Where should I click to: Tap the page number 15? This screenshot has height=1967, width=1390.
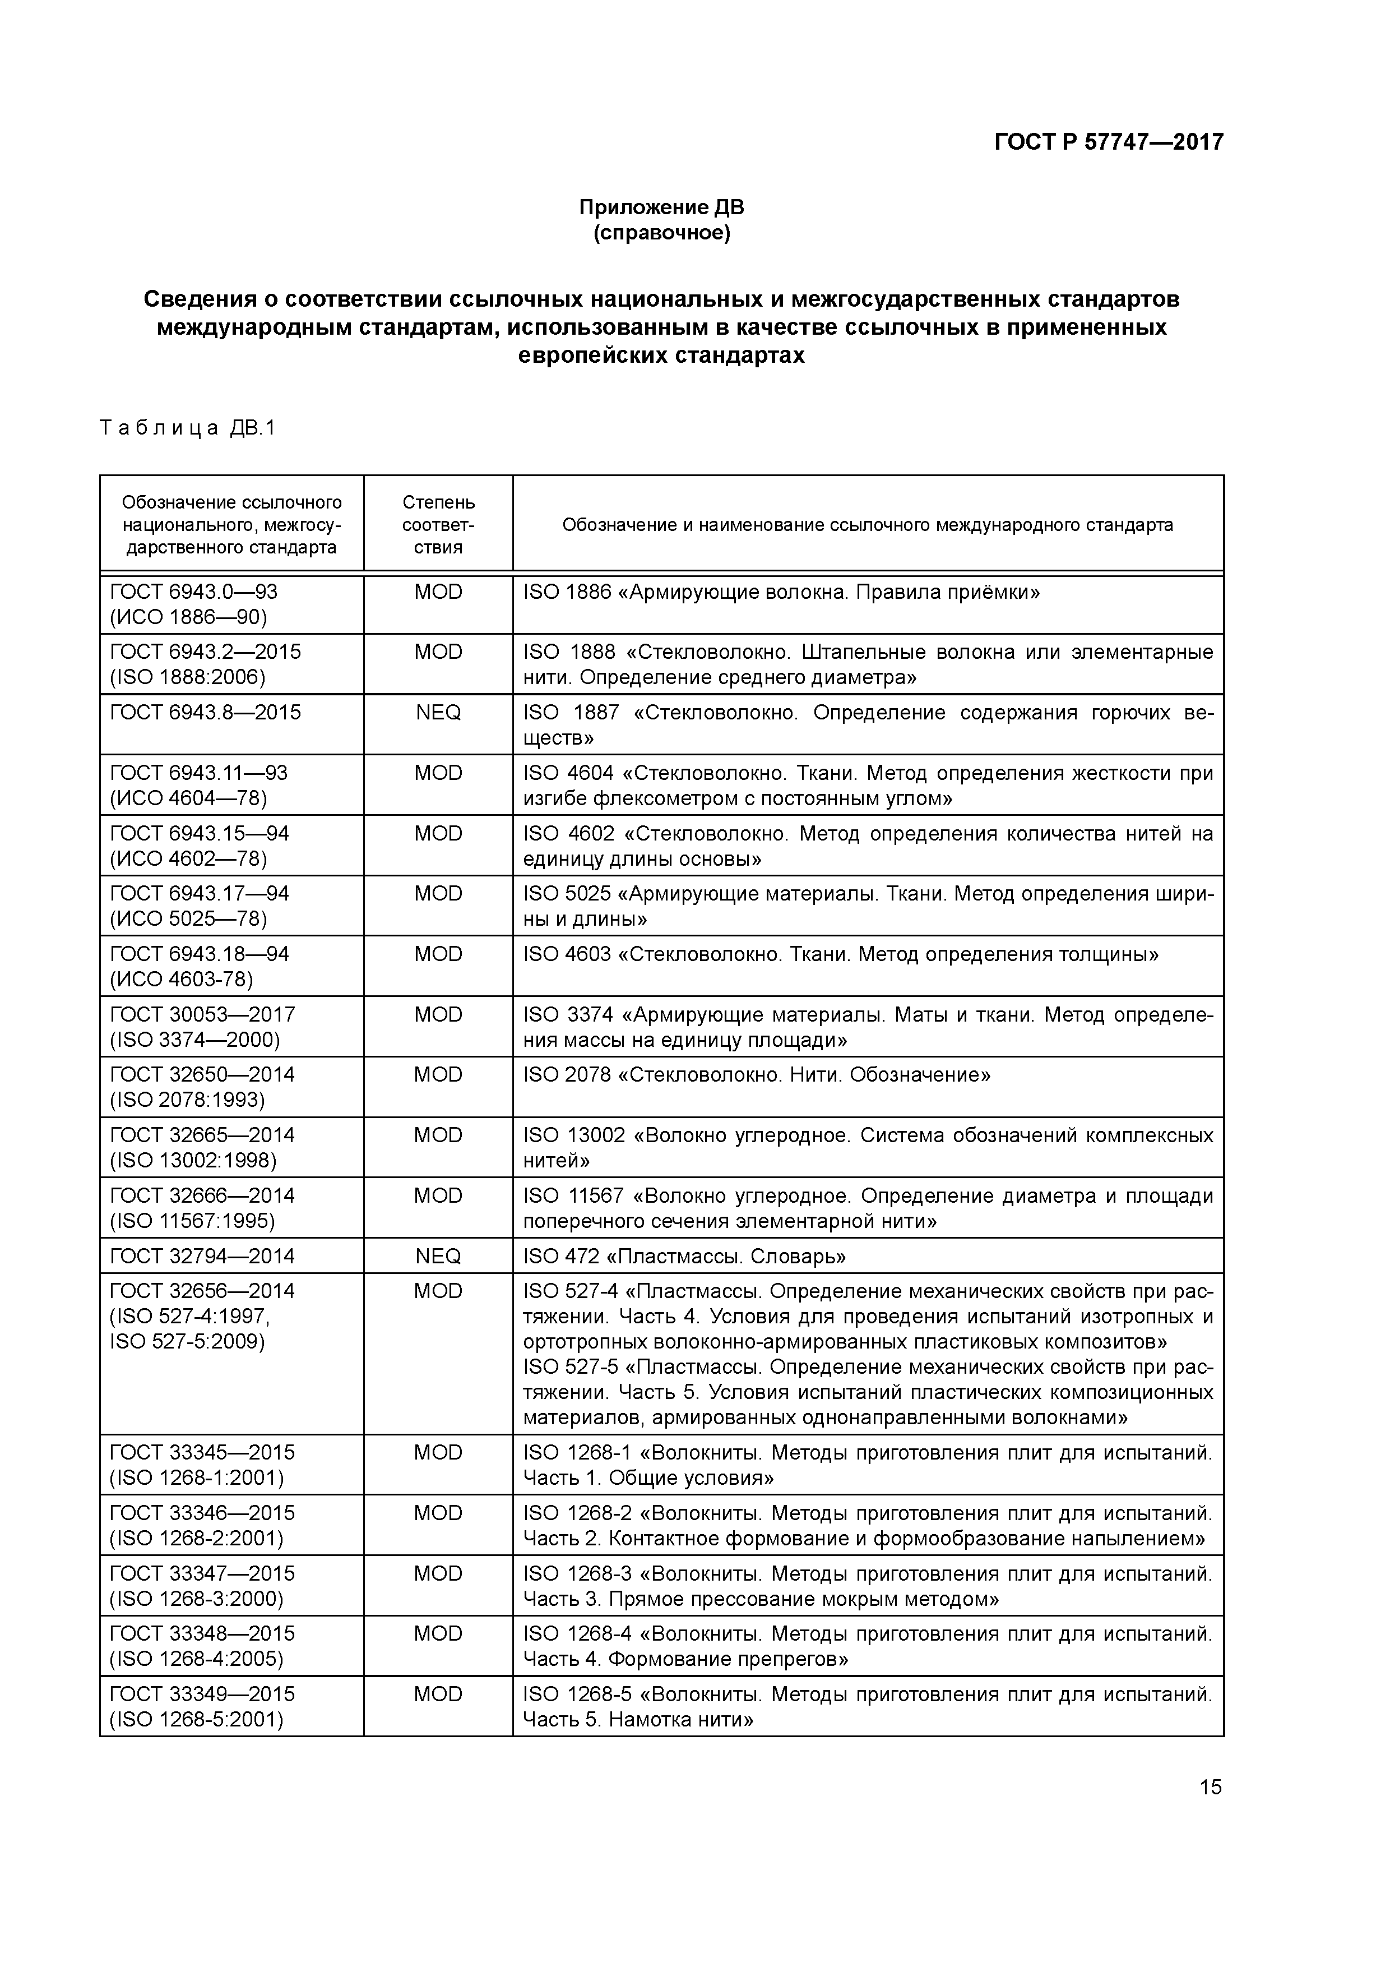click(x=1210, y=1786)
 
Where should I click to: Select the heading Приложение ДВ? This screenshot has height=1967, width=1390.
click(x=661, y=207)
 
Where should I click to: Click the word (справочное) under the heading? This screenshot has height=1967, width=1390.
click(x=661, y=233)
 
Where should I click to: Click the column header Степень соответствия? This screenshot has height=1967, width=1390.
click(x=438, y=524)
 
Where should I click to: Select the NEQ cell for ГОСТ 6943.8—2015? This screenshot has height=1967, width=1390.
click(x=438, y=713)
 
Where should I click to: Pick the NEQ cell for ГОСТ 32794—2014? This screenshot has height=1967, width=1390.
click(x=438, y=1256)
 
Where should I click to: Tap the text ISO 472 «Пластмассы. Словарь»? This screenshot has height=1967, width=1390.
click(x=684, y=1256)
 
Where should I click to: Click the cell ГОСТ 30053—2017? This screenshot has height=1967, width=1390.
click(x=202, y=1014)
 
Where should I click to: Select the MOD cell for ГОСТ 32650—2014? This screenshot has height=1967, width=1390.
click(x=438, y=1074)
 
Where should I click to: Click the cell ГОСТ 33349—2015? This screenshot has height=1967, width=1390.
click(x=202, y=1694)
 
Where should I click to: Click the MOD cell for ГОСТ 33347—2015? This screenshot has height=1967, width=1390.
click(x=438, y=1573)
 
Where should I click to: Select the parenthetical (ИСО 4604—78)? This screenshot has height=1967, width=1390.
click(x=188, y=798)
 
